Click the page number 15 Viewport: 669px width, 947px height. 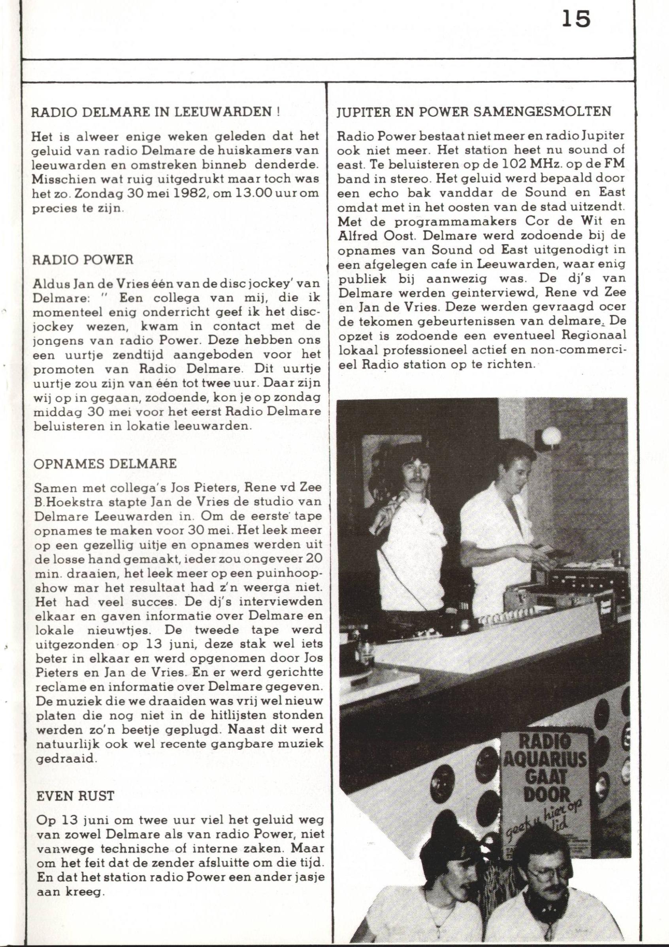point(577,20)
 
